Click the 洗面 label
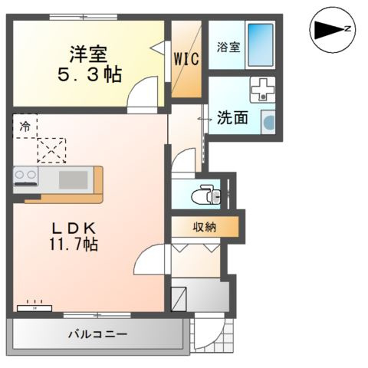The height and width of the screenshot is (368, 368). [232, 119]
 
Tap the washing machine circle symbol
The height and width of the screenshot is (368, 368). [270, 121]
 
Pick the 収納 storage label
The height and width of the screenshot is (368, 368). [203, 227]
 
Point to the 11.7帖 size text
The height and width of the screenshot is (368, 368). [74, 245]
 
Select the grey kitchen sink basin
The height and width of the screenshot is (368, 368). [73, 179]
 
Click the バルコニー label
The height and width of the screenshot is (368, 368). [97, 334]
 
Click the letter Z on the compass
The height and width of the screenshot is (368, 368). [347, 29]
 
